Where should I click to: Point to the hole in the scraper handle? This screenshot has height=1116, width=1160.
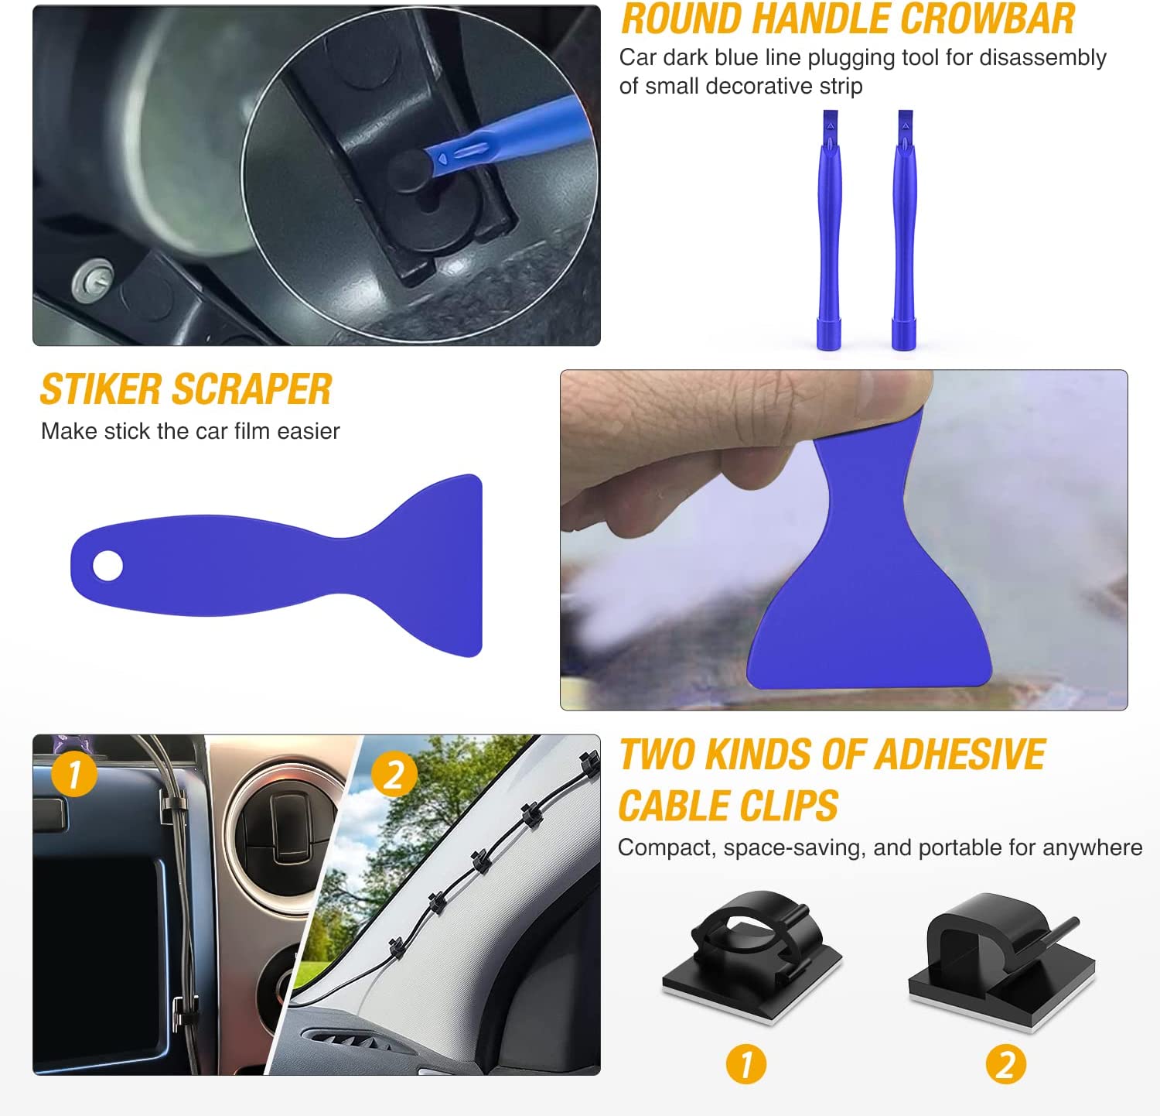[107, 565]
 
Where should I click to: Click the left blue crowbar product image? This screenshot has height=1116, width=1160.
[829, 230]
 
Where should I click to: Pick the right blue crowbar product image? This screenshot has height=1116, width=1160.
[904, 230]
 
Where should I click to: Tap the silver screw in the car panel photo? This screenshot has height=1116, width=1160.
[92, 279]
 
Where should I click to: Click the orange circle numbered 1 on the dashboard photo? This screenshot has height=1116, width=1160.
[74, 773]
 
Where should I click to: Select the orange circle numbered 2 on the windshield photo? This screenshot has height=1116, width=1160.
[394, 773]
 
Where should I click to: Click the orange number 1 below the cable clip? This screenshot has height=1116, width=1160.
[746, 1064]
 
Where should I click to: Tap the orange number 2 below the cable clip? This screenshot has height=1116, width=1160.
[1006, 1064]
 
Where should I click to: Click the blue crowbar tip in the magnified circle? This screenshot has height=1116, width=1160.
[449, 156]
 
